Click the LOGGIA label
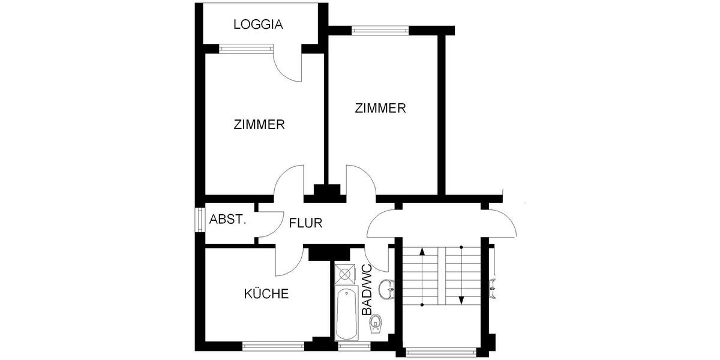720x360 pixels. [258, 25]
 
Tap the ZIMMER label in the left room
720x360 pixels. [259, 125]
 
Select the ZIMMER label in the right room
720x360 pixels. [380, 109]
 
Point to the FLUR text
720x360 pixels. [306, 224]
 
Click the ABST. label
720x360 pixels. [228, 220]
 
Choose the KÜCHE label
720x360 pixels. [266, 294]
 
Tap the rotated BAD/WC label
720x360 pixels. [367, 290]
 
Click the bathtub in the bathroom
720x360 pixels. [346, 313]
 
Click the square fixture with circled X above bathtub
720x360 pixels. [346, 274]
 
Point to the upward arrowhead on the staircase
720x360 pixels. [423, 251]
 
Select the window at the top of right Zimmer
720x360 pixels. [380, 29]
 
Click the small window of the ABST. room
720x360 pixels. [199, 220]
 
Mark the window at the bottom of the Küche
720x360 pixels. [273, 346]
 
